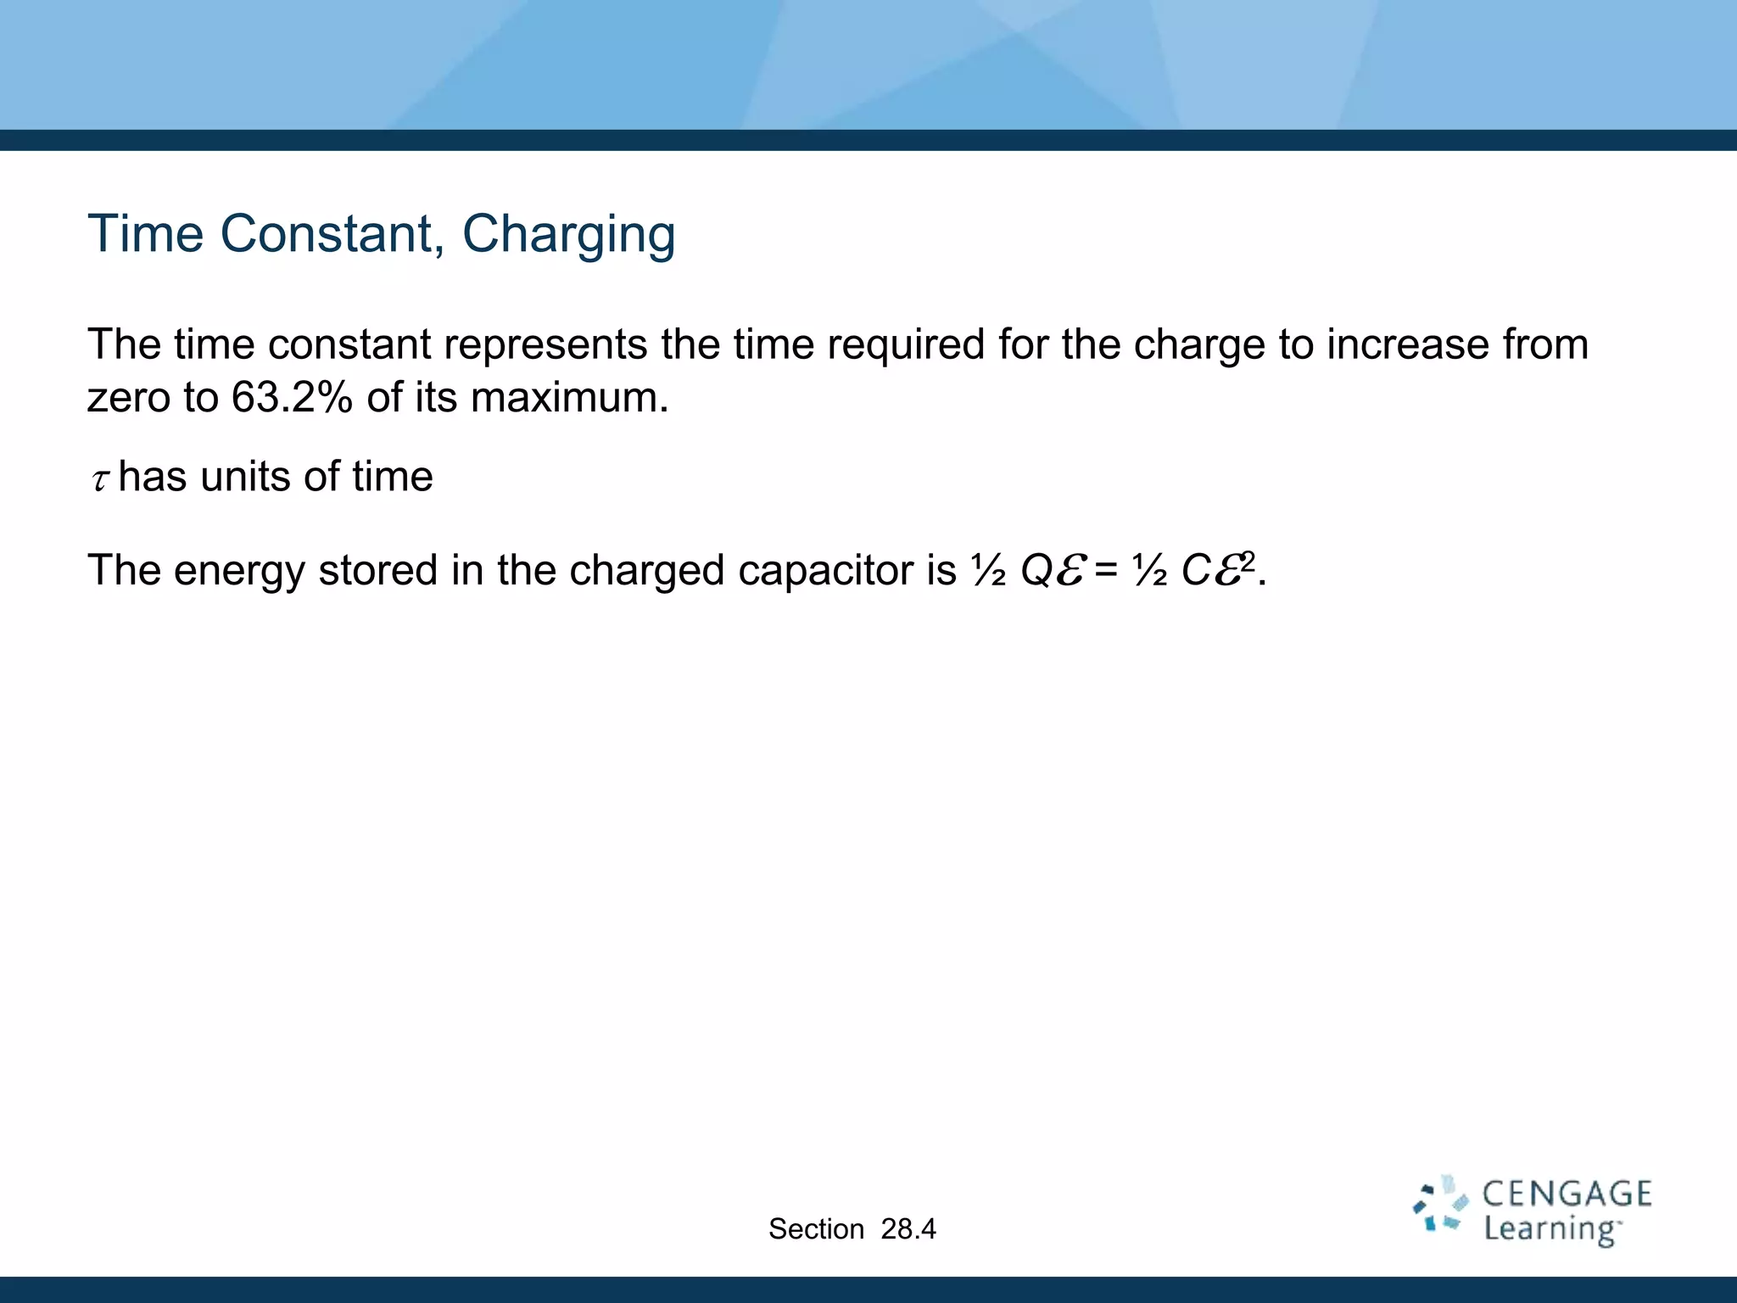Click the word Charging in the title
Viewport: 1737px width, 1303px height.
(x=568, y=235)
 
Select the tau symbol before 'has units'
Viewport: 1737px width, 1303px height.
(x=100, y=480)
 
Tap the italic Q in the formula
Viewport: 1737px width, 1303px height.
(x=1036, y=570)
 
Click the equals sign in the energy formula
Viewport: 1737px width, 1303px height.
(x=1105, y=571)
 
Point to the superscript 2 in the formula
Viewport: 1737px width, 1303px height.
(x=1248, y=558)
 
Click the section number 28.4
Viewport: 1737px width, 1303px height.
(x=908, y=1228)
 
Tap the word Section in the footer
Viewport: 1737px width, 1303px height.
(x=816, y=1228)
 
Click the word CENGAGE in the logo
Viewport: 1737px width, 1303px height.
(x=1567, y=1194)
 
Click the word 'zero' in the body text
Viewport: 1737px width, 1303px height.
(x=127, y=397)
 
